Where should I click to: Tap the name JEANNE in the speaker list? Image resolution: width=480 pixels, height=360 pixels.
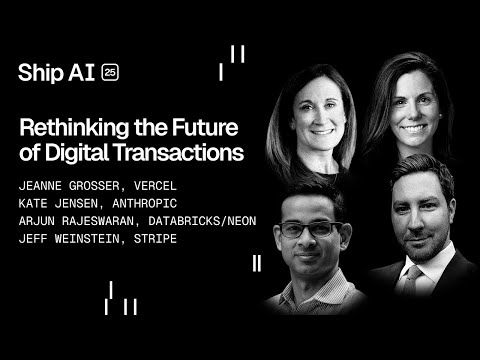(43, 185)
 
